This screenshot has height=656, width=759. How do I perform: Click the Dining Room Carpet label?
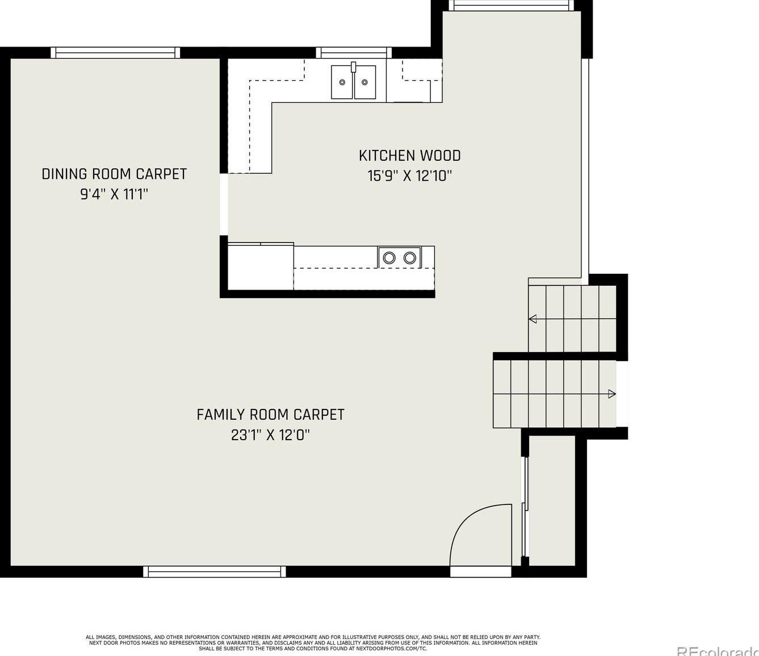click(x=114, y=174)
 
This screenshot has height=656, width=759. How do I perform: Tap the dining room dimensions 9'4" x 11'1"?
click(x=114, y=194)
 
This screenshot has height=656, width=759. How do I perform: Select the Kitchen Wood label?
click(x=410, y=156)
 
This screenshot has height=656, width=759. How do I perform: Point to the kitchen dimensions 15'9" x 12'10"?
click(x=410, y=176)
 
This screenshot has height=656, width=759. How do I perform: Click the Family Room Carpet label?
click(x=271, y=415)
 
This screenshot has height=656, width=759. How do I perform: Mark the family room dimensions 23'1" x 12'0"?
click(x=271, y=435)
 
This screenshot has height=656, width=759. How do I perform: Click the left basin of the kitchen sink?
click(x=342, y=82)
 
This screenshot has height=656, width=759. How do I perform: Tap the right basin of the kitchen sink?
click(x=364, y=82)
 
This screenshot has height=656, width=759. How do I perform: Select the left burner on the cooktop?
click(x=389, y=258)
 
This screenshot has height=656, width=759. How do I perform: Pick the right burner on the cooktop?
click(x=409, y=258)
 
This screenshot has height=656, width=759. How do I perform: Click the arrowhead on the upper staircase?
click(x=532, y=319)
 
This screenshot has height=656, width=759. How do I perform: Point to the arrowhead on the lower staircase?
click(x=612, y=394)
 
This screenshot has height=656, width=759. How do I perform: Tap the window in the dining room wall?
click(x=115, y=52)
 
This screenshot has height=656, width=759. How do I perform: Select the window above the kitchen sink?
click(x=354, y=52)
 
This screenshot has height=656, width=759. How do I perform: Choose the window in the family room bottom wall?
click(x=215, y=571)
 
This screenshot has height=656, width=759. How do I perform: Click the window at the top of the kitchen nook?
click(x=511, y=6)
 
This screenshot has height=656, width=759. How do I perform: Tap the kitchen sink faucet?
click(x=353, y=67)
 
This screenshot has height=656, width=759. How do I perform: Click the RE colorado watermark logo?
click(x=718, y=650)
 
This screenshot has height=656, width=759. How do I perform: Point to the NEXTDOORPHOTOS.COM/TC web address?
click(x=392, y=648)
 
